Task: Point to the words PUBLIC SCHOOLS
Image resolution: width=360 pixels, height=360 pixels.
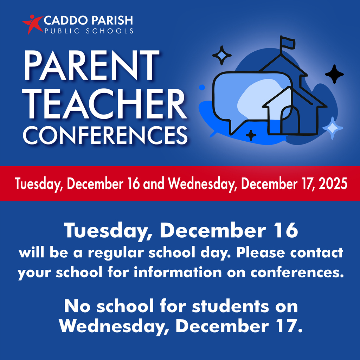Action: point(89,31)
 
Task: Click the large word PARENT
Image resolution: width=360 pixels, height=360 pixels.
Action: point(91,66)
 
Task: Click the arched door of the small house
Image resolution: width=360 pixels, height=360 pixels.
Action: point(290,121)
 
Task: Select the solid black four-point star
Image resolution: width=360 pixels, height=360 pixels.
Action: point(334,74)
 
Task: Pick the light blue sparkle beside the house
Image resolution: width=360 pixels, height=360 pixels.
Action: point(333,128)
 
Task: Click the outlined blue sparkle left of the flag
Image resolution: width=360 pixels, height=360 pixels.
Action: point(222,55)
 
